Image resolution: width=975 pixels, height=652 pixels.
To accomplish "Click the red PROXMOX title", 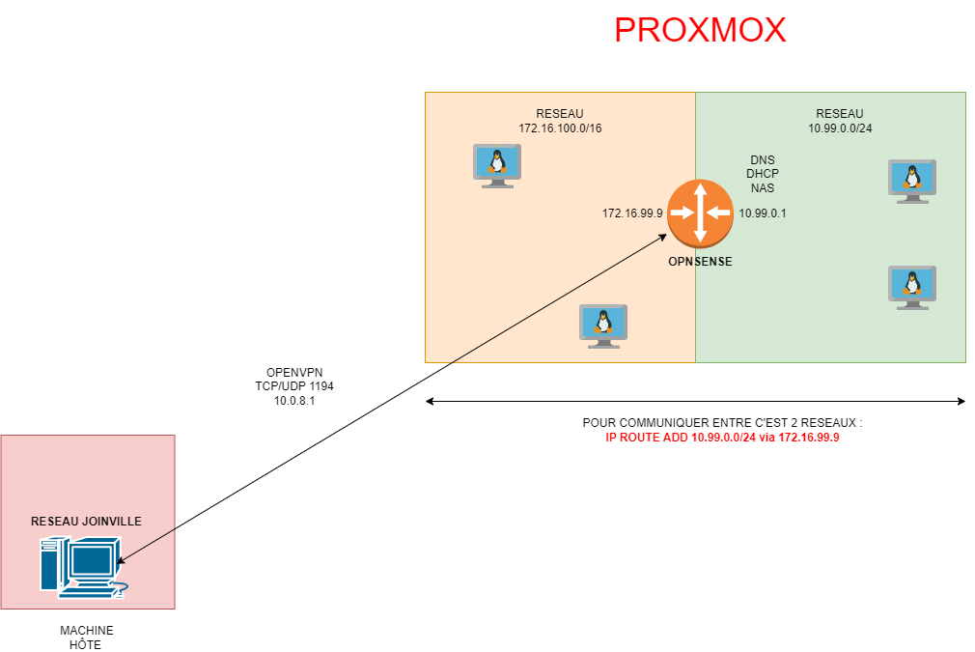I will [x=700, y=30].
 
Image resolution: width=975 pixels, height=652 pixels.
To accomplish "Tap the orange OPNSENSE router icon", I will [x=700, y=212].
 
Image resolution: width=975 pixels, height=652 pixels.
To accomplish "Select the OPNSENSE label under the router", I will [x=700, y=262].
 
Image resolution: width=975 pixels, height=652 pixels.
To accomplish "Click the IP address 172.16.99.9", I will [x=632, y=213].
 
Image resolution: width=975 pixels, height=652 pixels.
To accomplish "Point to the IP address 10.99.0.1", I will [x=763, y=213].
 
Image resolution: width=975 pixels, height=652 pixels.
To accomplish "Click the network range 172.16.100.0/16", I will [x=560, y=128].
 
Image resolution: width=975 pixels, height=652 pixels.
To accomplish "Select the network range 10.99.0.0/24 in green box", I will [x=840, y=128].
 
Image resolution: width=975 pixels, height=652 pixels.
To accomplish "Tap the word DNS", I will [x=763, y=159].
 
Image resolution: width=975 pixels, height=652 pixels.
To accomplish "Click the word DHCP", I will [x=763, y=174].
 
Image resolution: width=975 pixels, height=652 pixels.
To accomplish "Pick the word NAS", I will [x=763, y=188].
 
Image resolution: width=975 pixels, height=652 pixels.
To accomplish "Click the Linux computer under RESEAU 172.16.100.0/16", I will [x=496, y=165].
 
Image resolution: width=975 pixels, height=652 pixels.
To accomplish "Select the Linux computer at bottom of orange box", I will [x=602, y=326].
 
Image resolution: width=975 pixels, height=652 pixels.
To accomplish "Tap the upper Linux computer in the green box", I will [x=911, y=181].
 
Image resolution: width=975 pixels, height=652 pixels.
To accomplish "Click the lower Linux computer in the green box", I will [x=911, y=287].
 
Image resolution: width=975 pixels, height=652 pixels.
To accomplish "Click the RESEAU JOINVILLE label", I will [x=87, y=521].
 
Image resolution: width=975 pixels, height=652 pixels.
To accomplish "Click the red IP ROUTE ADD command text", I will [x=723, y=438].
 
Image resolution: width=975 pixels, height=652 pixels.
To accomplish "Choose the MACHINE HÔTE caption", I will [x=86, y=638].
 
